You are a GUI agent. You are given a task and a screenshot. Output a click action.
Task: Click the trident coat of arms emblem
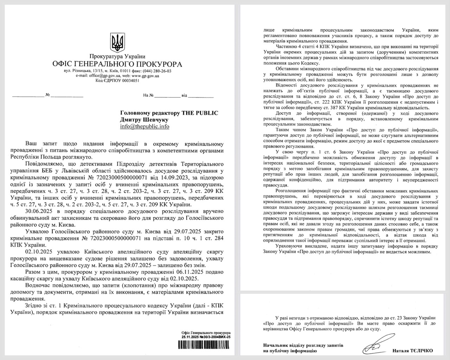point(117,42)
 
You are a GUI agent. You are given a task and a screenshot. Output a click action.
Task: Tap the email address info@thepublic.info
point(144,127)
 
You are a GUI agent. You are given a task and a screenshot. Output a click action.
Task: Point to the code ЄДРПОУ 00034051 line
point(117,81)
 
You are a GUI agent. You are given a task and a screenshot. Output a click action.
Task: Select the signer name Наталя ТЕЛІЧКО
point(413,351)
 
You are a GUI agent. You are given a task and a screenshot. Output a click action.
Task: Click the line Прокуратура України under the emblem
point(117,56)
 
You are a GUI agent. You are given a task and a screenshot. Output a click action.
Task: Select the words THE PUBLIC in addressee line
point(199,113)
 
